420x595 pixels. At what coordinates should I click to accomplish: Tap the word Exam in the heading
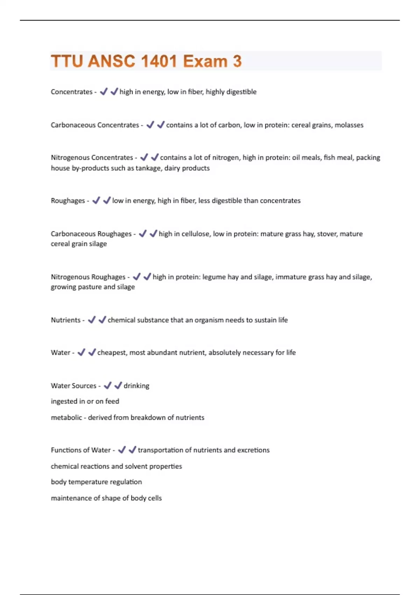point(205,61)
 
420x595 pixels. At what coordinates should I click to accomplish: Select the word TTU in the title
point(66,61)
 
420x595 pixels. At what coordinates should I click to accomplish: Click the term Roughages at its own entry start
point(68,201)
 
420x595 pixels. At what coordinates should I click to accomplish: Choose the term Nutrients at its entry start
point(66,320)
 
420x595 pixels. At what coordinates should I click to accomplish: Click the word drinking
point(136,386)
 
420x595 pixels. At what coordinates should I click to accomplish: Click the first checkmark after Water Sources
point(108,385)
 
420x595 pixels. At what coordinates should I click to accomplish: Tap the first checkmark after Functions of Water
point(122,450)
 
